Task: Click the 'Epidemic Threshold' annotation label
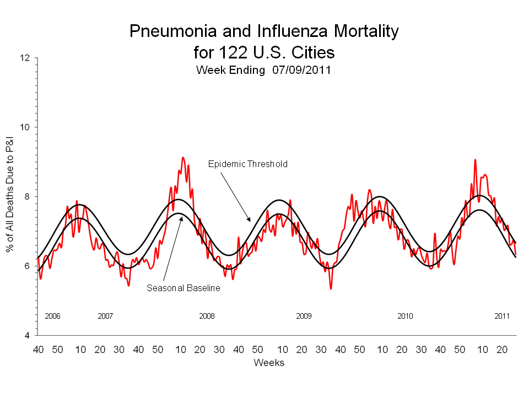(247, 164)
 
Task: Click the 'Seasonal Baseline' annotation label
(183, 288)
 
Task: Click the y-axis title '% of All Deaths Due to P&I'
(10, 197)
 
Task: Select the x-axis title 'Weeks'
(269, 362)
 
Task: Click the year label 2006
(52, 316)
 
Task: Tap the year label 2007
(105, 316)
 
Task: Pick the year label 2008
(207, 316)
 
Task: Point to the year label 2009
(304, 316)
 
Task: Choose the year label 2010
(405, 316)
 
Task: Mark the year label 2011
(502, 316)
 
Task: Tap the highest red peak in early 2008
(183, 158)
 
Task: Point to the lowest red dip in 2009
(331, 288)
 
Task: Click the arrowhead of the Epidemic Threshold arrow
(250, 220)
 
